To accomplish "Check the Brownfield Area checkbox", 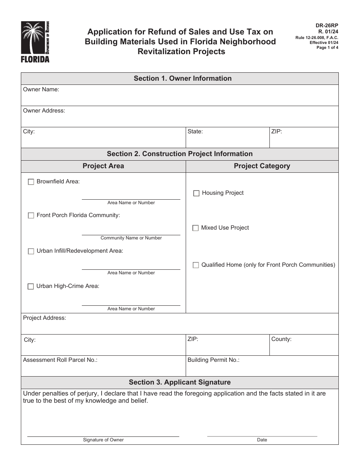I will coord(31,182).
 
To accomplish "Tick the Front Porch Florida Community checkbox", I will coord(31,216).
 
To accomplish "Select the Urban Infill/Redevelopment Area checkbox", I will coord(31,251).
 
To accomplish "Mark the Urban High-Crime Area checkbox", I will coord(31,287).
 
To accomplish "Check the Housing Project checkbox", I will coord(196,193).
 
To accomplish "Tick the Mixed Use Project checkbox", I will coord(196,228).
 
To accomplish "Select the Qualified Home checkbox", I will coord(196,265).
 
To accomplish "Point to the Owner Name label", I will coord(41,90).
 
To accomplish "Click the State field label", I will coord(195,132).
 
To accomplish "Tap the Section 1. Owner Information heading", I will coord(182,78).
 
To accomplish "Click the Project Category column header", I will coord(262,166).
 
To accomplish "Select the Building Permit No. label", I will coord(213,360).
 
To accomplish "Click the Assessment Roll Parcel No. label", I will coord(60,360).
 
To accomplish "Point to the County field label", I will coord(281,339).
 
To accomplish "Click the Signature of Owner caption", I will coord(103,440).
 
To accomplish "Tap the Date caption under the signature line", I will coord(262,440).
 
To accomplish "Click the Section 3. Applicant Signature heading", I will coord(180,382).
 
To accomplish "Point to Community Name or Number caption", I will coord(131,238).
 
